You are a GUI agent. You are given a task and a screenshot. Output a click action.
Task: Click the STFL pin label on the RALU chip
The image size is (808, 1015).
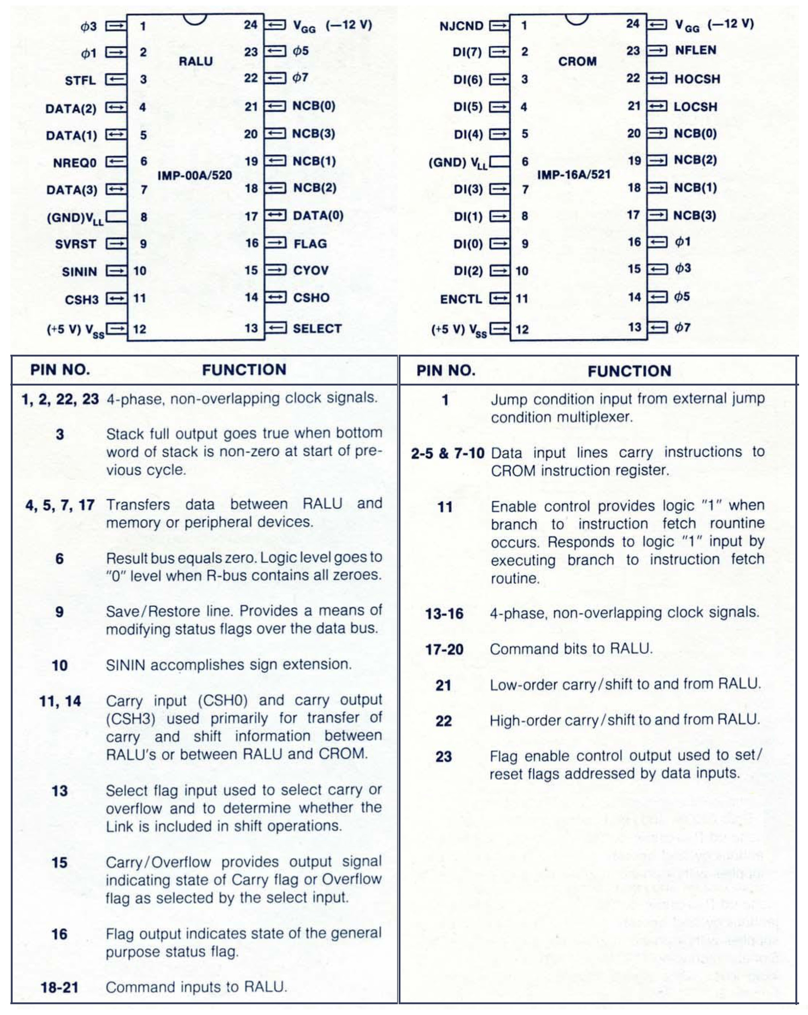[80, 81]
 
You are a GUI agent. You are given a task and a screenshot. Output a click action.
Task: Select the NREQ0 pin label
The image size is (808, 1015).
[74, 163]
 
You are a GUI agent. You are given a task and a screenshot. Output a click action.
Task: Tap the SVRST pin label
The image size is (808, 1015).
[75, 244]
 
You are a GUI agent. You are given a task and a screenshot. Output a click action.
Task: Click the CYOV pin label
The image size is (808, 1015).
[311, 270]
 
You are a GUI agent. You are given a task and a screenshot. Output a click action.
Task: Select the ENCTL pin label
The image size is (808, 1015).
[461, 299]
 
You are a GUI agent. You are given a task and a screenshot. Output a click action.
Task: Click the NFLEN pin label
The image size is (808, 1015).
[695, 50]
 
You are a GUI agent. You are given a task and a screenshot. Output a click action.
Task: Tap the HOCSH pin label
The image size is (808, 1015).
[697, 78]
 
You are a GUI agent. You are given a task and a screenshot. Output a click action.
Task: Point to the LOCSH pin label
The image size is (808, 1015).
[695, 107]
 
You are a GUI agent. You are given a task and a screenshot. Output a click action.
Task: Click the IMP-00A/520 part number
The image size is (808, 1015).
[195, 175]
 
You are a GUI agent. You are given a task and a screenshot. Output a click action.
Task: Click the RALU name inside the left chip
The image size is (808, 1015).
[196, 61]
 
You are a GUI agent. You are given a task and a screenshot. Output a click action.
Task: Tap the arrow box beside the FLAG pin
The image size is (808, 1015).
[276, 243]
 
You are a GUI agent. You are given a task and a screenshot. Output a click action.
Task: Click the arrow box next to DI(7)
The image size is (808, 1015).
[499, 52]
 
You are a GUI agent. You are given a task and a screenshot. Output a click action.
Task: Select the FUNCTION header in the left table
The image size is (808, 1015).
[244, 370]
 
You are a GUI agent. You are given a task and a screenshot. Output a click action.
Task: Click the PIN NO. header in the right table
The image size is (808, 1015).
[446, 371]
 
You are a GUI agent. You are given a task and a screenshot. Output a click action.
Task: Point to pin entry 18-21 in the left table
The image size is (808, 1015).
[59, 987]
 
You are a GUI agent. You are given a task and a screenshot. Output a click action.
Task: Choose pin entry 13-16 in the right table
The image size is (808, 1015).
[444, 614]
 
